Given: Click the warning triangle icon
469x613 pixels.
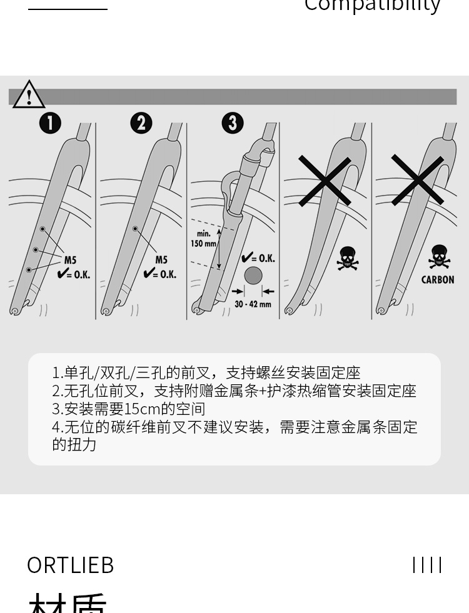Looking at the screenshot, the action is point(28,94).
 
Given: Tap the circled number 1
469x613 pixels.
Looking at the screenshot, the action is point(50,122).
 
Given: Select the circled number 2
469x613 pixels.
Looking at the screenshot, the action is point(141,122).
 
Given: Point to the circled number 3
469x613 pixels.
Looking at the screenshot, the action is point(233,122).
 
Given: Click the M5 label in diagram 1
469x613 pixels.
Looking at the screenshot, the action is point(70,261).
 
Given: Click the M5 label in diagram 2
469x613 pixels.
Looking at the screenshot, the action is point(161,261).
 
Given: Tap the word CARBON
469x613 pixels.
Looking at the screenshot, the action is point(438,280).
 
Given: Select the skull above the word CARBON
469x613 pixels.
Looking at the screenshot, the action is point(439,257).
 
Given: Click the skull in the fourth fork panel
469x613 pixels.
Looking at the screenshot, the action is point(348,258).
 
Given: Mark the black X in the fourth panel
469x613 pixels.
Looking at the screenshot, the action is point(325,181).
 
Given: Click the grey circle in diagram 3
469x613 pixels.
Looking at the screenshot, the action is point(253,276).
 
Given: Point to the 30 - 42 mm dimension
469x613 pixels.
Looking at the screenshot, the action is point(253,304).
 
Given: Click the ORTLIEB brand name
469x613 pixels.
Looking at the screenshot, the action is point(71,565).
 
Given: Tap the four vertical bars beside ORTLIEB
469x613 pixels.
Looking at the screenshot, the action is point(427,565).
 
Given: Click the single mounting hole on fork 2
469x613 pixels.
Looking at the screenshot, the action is point(135,229).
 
